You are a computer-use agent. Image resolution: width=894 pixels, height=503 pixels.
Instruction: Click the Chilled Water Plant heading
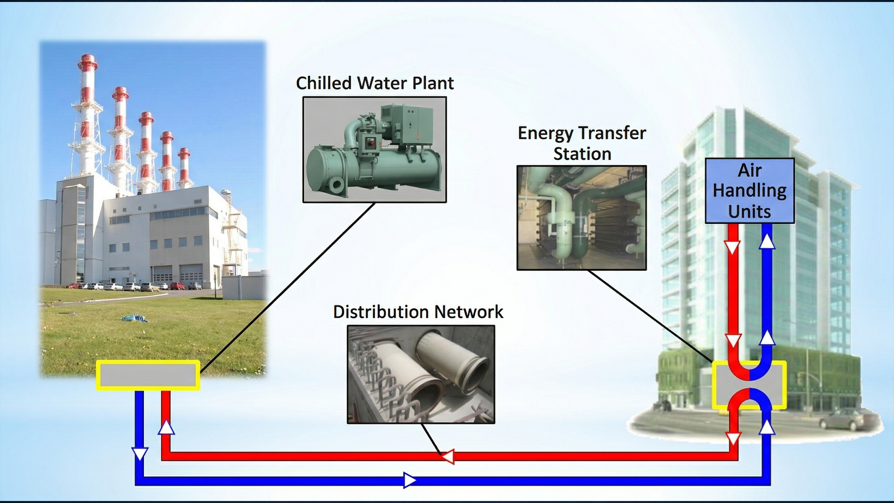point(375,83)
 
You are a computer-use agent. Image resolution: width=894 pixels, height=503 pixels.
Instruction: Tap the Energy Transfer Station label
point(582,143)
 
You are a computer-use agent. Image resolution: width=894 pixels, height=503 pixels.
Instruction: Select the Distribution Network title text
point(418,311)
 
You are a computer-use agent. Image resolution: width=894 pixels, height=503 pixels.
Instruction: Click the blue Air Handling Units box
point(750,191)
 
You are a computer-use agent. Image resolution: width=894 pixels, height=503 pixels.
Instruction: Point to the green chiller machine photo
point(375,150)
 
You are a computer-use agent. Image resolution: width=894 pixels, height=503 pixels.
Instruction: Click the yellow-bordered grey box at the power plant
point(148,375)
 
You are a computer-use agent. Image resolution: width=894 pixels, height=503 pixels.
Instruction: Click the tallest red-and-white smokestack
point(87,115)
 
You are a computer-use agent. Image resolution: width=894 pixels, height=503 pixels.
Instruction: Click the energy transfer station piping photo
point(582,218)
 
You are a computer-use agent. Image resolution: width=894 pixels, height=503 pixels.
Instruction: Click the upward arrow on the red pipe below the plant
point(166,427)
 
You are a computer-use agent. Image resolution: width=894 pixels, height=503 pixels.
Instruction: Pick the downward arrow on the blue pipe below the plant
point(140,454)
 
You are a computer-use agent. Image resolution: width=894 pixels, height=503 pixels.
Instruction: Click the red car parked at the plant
point(177,286)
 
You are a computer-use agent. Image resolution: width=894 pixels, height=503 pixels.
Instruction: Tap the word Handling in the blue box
point(750,191)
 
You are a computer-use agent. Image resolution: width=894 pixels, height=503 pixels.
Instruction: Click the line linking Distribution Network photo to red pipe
point(431,438)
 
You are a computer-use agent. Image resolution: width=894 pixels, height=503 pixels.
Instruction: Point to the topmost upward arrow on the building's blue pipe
point(767,241)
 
